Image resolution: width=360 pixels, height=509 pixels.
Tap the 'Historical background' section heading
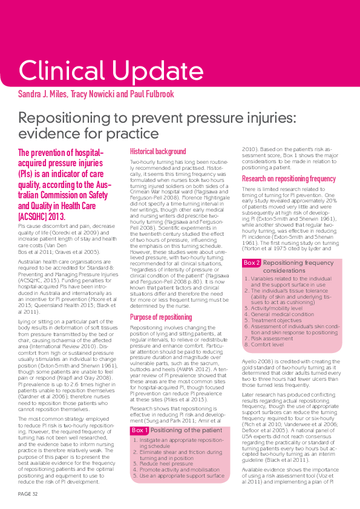158,152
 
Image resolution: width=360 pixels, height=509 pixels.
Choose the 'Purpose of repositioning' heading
161,317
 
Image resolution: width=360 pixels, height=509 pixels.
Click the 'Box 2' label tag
252,263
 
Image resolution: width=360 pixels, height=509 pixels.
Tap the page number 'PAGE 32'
27,494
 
